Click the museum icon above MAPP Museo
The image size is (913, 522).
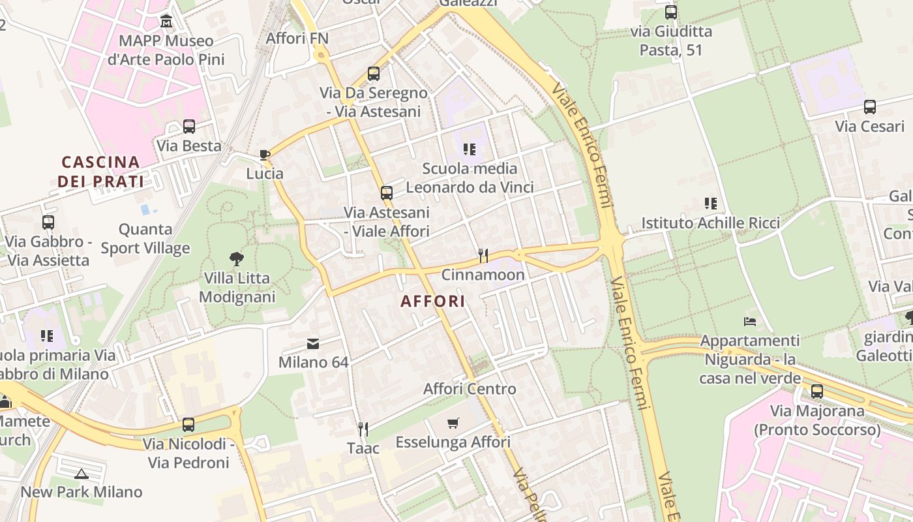pos(166,22)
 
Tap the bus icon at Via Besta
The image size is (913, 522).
pos(189,127)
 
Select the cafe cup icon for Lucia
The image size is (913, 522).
pos(264,155)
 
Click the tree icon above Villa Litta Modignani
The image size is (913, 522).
pos(237,259)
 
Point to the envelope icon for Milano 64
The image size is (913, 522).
pos(313,343)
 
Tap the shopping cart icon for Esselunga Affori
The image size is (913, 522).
pos(453,423)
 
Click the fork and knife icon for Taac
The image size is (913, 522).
pos(363,429)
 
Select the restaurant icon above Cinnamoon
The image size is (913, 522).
pos(483,255)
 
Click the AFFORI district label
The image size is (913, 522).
pos(433,301)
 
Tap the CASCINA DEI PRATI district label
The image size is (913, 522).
pos(100,171)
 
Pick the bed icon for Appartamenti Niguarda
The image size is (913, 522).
pos(750,322)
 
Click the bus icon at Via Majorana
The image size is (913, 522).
pos(817,391)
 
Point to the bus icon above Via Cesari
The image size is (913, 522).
pos(870,107)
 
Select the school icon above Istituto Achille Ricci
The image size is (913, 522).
pos(710,204)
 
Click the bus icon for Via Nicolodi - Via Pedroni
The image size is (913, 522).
pos(188,425)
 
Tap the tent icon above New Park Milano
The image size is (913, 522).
pos(81,473)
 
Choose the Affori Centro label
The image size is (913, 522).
pos(470,389)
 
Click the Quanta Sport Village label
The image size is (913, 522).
pos(145,238)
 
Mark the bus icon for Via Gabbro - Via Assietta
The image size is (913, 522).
pos(48,223)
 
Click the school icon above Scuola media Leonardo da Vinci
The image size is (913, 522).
pos(470,149)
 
